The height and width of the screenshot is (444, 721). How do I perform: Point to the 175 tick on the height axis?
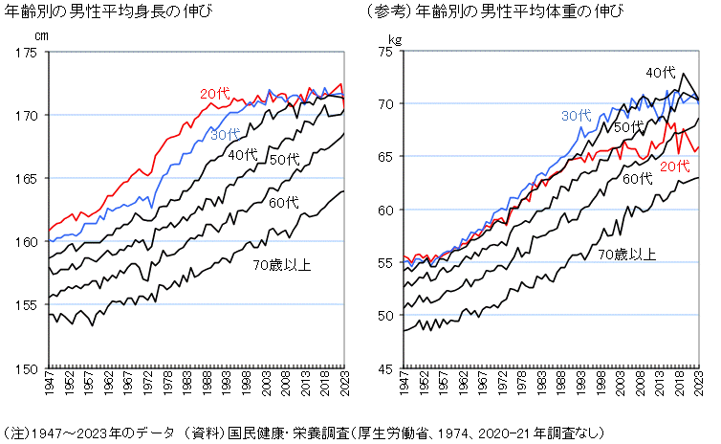click(28, 52)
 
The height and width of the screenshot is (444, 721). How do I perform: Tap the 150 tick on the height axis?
click(28, 367)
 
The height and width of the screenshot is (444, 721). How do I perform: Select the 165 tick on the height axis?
click(28, 178)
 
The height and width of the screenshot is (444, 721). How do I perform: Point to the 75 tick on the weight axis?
click(388, 52)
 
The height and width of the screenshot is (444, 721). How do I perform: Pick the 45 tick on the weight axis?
click(388, 367)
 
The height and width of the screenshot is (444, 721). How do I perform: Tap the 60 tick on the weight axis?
click(388, 210)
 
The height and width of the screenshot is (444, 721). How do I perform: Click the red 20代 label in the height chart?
click(215, 93)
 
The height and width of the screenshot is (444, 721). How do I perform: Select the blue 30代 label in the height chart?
click(226, 136)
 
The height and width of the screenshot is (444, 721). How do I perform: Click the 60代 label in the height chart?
click(284, 203)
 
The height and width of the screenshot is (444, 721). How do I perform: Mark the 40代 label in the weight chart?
click(660, 73)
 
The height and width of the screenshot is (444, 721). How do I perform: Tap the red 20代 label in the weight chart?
click(675, 166)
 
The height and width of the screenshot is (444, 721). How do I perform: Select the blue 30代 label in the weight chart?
click(576, 116)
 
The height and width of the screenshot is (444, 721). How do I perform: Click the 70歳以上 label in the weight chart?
click(627, 254)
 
